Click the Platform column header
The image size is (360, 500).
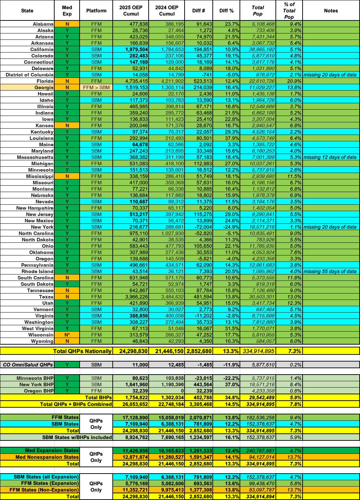point(96,11)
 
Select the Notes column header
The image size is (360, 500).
point(331,11)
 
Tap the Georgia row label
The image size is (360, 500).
point(44,87)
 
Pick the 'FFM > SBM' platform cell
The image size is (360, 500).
point(96,87)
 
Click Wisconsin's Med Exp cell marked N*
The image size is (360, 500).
point(67,335)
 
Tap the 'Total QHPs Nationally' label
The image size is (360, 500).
point(82,351)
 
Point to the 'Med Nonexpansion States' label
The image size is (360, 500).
point(47,457)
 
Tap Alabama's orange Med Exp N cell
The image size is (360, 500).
point(67,24)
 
